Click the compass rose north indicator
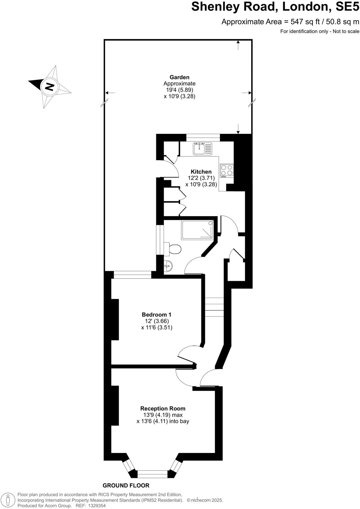tap(49, 87)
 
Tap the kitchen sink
tap(202, 149)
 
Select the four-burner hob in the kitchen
tap(227, 171)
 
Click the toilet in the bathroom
tap(174, 249)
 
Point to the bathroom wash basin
tap(168, 266)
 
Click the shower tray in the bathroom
tap(197, 230)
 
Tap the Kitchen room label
tap(201, 172)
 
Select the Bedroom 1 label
tap(156, 314)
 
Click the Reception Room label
tap(163, 408)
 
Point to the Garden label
tap(179, 77)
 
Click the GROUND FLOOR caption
tap(126, 485)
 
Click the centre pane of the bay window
tap(152, 474)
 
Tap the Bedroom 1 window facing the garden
tap(132, 275)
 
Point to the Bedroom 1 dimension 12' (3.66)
tap(157, 321)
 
